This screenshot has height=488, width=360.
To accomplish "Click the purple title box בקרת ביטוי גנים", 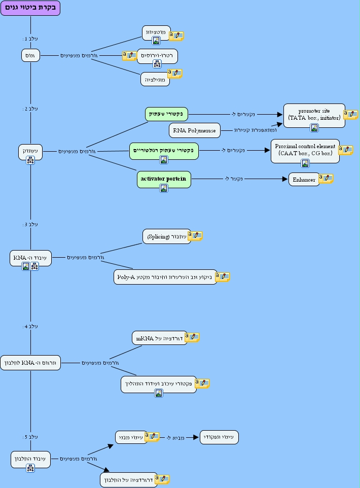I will (x=30, y=8).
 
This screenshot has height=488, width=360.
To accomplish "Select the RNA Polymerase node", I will (x=195, y=130).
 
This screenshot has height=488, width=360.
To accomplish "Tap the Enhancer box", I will (x=304, y=180).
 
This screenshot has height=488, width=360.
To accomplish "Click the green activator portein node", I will (x=164, y=179).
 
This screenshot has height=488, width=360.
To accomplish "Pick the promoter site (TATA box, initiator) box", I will (x=314, y=115).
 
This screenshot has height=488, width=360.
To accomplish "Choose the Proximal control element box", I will (x=305, y=150).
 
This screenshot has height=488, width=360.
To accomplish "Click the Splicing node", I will (x=167, y=236).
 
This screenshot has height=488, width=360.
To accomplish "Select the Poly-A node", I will (x=165, y=277).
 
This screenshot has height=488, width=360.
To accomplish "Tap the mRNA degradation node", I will (x=159, y=338).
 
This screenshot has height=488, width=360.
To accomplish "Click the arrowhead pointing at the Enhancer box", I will (x=285, y=179).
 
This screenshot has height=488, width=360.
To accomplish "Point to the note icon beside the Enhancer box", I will (x=326, y=179).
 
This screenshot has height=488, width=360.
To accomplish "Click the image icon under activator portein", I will (x=164, y=188).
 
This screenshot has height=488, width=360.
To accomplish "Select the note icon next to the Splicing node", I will (x=195, y=235).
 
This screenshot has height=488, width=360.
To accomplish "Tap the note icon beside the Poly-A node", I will (x=223, y=276).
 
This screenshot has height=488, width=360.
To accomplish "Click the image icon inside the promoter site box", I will (x=314, y=128).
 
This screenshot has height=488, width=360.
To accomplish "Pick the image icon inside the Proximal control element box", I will (x=305, y=163).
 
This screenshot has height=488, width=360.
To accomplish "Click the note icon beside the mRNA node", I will (x=192, y=337).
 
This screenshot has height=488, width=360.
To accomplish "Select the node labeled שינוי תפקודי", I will (x=219, y=437).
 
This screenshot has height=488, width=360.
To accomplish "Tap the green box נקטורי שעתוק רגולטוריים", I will (x=164, y=150).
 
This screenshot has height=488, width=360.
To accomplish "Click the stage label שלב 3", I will (x=30, y=224).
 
